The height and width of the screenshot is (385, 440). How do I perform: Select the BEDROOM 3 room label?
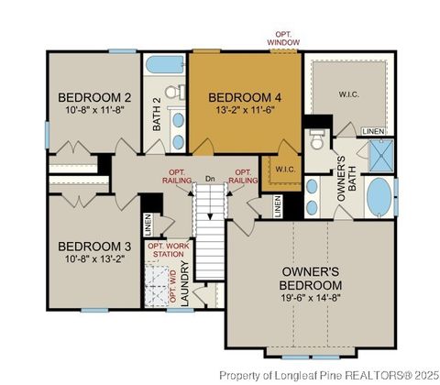click(x=94, y=247)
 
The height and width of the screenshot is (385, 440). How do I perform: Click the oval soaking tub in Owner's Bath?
click(x=379, y=194)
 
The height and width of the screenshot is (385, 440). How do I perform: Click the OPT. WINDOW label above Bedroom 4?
click(x=282, y=38)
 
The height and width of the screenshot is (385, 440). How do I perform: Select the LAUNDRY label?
click(x=185, y=283)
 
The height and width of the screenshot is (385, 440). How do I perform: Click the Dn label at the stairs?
click(x=210, y=179)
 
